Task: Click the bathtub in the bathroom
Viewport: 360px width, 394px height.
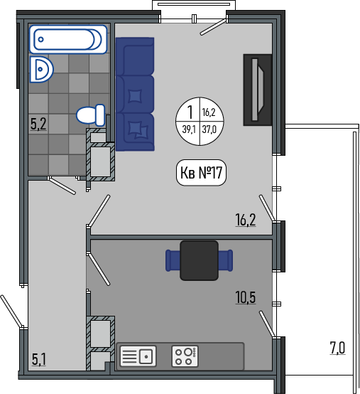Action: click(68, 39)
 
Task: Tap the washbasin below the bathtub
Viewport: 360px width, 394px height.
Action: click(41, 69)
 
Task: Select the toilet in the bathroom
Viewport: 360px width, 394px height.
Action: click(91, 115)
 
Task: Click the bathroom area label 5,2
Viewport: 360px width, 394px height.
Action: click(38, 124)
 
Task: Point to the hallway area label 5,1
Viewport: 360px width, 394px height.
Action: click(39, 359)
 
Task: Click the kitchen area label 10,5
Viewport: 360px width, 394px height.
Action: click(246, 297)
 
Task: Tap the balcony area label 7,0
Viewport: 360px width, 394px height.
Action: click(337, 348)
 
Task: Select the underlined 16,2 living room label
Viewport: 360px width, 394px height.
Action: click(246, 220)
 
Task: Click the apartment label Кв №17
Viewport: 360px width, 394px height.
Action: click(201, 173)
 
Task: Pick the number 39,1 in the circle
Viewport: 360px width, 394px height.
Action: click(189, 129)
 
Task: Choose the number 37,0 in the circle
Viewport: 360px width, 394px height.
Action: click(209, 129)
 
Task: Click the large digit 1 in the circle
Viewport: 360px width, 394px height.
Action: click(190, 112)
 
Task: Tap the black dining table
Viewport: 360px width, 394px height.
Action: click(200, 260)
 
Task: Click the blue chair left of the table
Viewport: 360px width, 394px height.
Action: click(173, 260)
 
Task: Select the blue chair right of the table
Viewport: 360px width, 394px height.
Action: click(226, 260)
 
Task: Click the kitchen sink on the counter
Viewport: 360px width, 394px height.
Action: click(138, 356)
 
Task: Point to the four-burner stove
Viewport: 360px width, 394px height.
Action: click(185, 356)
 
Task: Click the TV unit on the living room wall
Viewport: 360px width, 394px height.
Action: click(258, 90)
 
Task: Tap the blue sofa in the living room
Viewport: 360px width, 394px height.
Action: click(135, 94)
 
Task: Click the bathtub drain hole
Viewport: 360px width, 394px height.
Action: click(41, 39)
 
